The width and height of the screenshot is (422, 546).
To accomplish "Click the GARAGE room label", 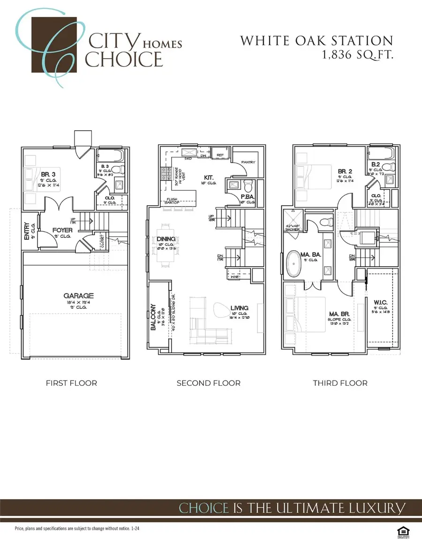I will click(x=79, y=296).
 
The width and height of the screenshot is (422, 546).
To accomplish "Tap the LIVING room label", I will click(x=239, y=308).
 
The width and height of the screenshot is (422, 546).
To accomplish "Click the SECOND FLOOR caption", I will click(x=208, y=383).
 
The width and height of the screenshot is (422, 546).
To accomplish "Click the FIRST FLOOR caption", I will click(x=71, y=383).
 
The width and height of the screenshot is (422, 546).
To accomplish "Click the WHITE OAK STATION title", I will click(x=316, y=41).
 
